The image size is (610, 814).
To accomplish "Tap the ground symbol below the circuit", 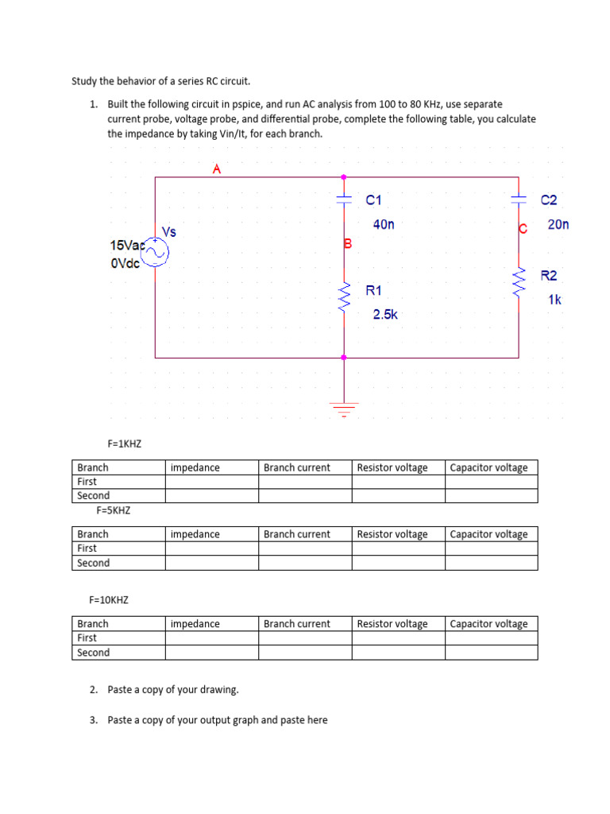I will point(344,409).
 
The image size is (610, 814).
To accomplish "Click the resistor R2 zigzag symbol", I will point(519,279).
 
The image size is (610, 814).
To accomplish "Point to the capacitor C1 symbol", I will point(344,201).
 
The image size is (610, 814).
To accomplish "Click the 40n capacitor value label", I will point(383,225).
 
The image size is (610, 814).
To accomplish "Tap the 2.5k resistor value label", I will point(385,315).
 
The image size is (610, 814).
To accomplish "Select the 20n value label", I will point(558,225).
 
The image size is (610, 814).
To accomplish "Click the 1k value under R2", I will point(554,300).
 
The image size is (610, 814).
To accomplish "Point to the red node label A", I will point(216,169).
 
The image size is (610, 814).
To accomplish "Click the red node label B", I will point(347,243).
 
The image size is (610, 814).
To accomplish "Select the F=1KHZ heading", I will point(124,444).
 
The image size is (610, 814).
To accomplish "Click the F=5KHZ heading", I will point(113,510).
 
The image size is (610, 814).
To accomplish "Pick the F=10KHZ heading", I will point(108,600).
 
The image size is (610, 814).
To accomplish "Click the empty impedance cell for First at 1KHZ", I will point(211,482).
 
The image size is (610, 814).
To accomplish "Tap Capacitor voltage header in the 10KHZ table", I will point(488,624).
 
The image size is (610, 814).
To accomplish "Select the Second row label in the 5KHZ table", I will point(94,563).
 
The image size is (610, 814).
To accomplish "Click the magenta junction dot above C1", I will point(344,177).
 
